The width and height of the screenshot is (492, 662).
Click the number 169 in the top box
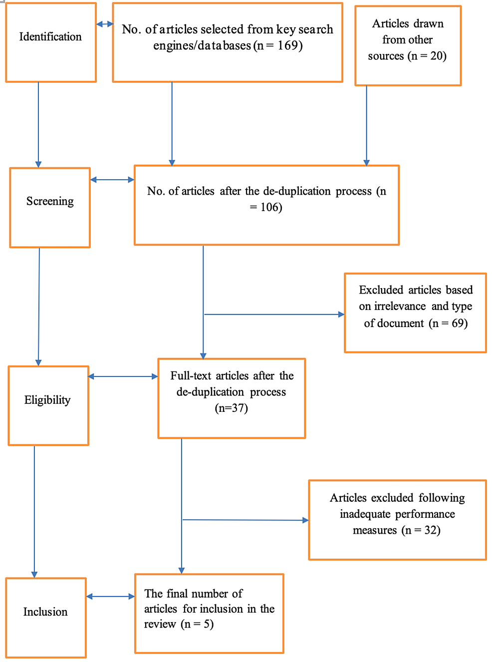(289, 46)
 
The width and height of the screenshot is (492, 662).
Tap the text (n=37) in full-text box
(232, 408)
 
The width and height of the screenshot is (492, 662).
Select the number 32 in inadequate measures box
(432, 530)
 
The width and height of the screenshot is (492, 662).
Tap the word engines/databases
(202, 46)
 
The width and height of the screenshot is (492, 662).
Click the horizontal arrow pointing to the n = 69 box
(274, 315)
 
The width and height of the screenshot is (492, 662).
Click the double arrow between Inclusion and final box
(110, 596)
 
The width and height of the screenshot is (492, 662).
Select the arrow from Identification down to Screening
(38, 125)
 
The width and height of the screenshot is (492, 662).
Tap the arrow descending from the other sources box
(366, 125)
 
